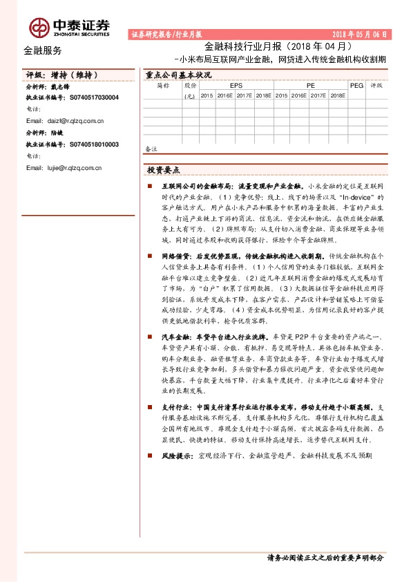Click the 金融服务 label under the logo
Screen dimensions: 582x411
pos(42,50)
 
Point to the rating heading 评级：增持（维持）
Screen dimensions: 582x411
pos(59,75)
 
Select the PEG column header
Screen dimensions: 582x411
pos(356,85)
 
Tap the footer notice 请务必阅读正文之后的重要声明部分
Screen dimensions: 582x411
pos(325,558)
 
